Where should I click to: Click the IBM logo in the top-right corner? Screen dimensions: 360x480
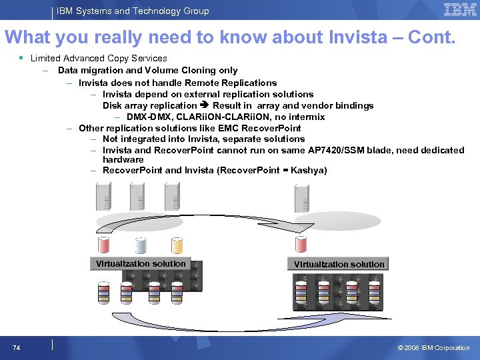pyautogui.click(x=460, y=10)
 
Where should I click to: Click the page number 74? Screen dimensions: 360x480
pyautogui.click(x=16, y=347)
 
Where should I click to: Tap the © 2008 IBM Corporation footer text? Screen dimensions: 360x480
pyautogui.click(x=433, y=347)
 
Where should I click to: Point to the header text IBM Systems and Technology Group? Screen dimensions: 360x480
pyautogui.click(x=132, y=11)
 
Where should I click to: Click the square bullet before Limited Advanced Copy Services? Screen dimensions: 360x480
pyautogui.click(x=22, y=59)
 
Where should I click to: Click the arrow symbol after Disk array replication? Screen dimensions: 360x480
pyautogui.click(x=205, y=105)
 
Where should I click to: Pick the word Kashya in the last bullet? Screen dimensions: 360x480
pyautogui.click(x=307, y=171)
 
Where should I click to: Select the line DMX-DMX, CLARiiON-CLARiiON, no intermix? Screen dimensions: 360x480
pyautogui.click(x=225, y=117)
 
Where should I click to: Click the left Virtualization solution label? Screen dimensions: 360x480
pyautogui.click(x=141, y=263)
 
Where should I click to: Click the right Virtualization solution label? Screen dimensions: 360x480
pyautogui.click(x=339, y=264)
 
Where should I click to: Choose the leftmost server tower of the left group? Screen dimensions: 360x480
pyautogui.click(x=104, y=196)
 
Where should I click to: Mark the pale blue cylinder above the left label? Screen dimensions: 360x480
pyautogui.click(x=141, y=245)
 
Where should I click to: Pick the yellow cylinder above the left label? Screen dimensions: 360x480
pyautogui.click(x=177, y=245)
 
